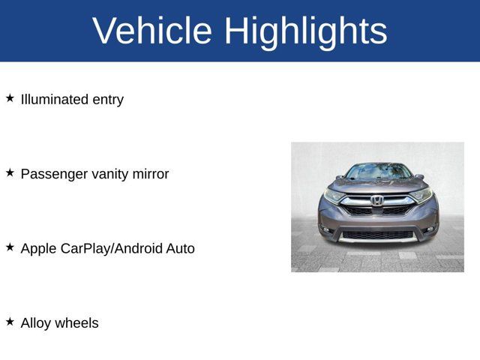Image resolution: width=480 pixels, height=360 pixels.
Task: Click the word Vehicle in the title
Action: (x=152, y=31)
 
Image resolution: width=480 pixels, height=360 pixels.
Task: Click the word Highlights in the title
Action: (x=305, y=31)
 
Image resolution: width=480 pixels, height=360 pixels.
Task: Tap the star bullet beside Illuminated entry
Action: (x=10, y=98)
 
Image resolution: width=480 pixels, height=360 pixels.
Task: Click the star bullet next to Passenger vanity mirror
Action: (x=10, y=172)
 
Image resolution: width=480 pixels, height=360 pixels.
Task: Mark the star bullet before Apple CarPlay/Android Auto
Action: (x=10, y=247)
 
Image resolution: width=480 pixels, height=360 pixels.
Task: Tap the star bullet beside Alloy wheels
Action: (x=10, y=321)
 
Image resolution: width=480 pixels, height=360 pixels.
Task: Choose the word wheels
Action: (x=79, y=323)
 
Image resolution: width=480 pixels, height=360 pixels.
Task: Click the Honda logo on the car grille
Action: (x=376, y=200)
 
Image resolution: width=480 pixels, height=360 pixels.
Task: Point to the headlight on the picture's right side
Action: (x=421, y=195)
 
